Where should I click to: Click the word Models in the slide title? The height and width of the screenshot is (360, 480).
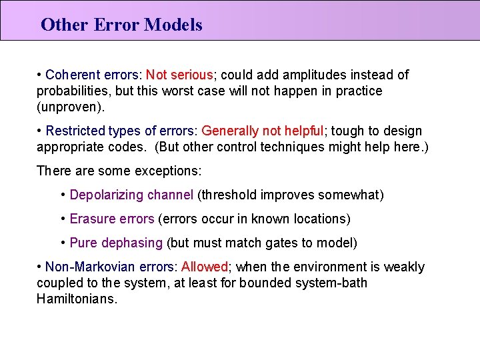click(173, 25)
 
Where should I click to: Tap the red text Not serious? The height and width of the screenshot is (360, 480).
click(179, 75)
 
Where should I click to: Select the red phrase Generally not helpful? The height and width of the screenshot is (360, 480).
click(262, 131)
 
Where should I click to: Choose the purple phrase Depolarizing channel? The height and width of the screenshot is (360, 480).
click(131, 195)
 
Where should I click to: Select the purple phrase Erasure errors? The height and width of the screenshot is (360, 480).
click(111, 219)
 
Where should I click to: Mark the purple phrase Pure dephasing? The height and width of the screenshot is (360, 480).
click(116, 243)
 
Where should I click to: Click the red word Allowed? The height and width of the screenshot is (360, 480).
click(205, 267)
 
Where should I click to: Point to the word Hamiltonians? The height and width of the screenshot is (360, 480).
click(77, 299)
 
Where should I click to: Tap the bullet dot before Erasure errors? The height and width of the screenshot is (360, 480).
click(63, 219)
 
